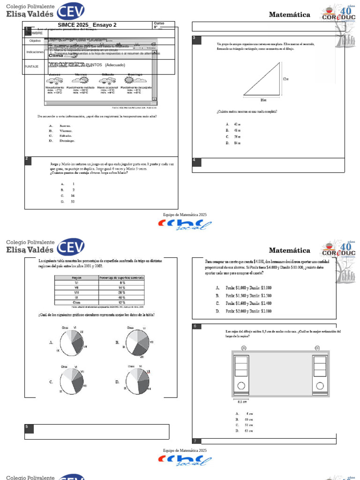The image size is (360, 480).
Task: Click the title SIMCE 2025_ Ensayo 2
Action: (87, 25)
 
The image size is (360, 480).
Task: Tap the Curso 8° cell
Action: (164, 25)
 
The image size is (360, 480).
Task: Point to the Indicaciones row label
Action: (35, 52)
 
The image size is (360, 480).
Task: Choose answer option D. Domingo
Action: (62, 141)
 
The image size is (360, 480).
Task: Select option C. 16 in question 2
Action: (67, 195)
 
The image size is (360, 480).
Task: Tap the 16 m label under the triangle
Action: (262, 99)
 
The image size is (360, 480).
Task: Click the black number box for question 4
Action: (196, 162)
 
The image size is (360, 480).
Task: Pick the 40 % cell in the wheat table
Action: (122, 297)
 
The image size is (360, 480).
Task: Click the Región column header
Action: (76, 278)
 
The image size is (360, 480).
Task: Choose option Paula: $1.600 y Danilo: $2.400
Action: (244, 303)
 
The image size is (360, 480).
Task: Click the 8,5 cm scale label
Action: (242, 402)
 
